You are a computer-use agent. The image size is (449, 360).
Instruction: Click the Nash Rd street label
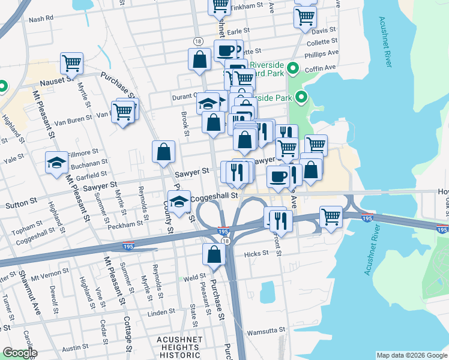point(41,18)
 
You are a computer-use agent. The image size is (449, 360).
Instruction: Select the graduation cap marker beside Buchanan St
point(57,163)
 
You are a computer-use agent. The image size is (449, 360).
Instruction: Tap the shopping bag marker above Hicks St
point(214,254)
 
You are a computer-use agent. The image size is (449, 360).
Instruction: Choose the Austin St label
point(75,348)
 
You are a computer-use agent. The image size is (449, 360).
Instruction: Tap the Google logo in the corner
point(19,353)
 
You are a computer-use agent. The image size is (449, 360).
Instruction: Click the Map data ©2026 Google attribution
point(412,355)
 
